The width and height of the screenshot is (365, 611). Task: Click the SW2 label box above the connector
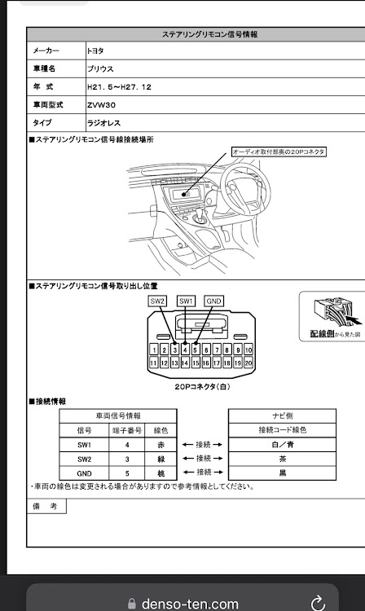click(157, 301)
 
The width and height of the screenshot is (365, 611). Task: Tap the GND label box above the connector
click(213, 301)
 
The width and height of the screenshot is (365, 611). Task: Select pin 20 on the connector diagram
click(248, 363)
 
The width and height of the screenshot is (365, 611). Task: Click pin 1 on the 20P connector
click(154, 349)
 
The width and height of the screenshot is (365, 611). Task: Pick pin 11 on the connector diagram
click(153, 363)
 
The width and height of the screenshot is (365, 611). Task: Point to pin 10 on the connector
click(248, 349)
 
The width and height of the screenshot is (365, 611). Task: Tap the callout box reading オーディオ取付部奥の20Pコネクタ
click(279, 152)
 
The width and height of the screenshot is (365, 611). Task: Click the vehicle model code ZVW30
click(101, 105)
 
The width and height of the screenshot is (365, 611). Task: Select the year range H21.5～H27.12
click(119, 87)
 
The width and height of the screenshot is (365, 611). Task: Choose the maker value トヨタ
click(95, 51)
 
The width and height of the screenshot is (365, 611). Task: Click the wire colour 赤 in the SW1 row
click(161, 445)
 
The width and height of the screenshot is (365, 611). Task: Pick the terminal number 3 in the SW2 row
click(127, 459)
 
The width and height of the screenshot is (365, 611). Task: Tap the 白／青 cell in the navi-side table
click(283, 445)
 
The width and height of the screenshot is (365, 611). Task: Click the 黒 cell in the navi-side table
click(283, 473)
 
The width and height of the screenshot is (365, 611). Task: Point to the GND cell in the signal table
click(84, 473)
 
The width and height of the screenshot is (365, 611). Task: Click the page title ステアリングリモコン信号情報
click(209, 34)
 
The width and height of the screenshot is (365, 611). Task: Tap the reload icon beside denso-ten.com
click(318, 602)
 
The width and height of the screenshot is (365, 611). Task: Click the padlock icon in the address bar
click(132, 604)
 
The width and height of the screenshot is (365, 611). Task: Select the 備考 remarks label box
click(46, 506)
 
